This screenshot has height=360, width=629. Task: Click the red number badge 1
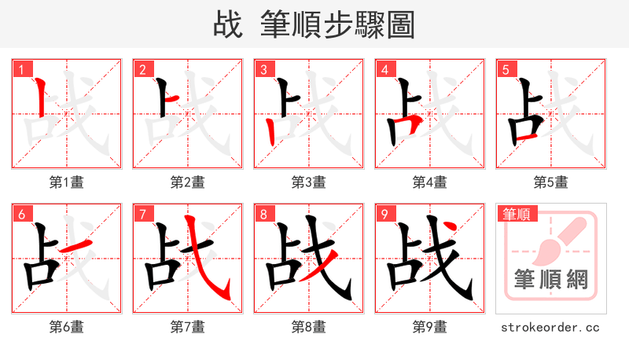20,69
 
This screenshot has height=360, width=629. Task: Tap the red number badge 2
142,69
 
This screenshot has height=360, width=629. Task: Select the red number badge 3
263,69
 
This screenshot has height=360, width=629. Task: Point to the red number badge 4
384,69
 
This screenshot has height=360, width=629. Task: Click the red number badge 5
505,69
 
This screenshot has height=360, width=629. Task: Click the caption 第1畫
66,182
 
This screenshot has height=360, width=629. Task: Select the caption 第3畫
308,182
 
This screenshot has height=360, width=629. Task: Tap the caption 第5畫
550,182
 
